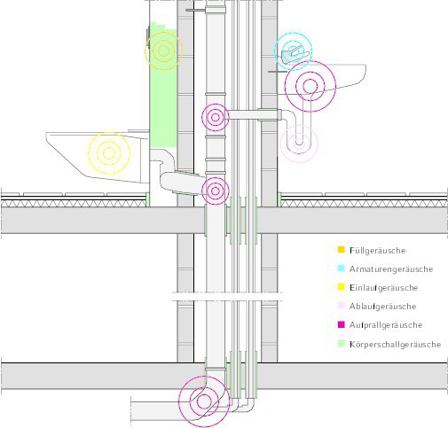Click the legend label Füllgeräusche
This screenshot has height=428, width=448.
coord(377,251)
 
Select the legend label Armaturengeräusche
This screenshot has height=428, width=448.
coord(391,269)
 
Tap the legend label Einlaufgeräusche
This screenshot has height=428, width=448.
coord(383,288)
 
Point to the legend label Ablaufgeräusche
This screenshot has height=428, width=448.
coord(382,307)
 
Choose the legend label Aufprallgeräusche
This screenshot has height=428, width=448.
coord(386,325)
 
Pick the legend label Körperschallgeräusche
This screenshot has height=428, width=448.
coord(395,344)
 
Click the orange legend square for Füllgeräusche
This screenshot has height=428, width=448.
coord(342,250)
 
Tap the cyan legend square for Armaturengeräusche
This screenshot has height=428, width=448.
coord(342,268)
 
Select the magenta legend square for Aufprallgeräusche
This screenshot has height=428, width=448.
coord(342,324)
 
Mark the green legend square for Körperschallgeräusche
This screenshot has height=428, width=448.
coord(342,344)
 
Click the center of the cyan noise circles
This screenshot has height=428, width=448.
coord(293,51)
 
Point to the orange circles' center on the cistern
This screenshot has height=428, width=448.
coord(163,51)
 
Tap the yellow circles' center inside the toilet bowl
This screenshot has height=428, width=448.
coord(109,153)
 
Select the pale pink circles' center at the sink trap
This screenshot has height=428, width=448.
coord(299,144)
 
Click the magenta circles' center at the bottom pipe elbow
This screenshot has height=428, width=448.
coord(204,401)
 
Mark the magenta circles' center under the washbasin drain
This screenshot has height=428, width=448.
coord(310,86)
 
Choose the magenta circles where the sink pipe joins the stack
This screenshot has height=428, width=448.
coord(216,117)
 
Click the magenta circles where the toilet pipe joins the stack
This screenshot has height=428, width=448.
coord(216,191)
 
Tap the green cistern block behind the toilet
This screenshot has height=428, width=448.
coord(163,86)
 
